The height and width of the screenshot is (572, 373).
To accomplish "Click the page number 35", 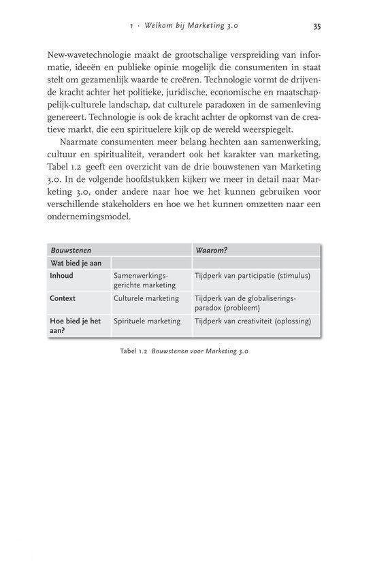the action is click(317, 27).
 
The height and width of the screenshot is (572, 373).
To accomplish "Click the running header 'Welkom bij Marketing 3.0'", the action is click(198, 27).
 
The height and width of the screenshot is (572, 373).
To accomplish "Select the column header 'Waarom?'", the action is click(212, 250).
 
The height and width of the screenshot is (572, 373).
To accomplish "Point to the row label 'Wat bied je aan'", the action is click(76, 263).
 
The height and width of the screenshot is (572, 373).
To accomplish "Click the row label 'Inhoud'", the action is click(62, 276).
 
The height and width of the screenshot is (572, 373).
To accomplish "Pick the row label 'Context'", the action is click(63, 298).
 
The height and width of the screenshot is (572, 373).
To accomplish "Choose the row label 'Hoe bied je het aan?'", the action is click(75, 325).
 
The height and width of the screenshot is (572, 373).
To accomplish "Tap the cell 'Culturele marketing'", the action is click(146, 298).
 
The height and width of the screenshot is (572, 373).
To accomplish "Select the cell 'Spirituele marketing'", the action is click(147, 321).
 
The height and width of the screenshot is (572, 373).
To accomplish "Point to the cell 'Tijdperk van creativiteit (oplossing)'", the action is click(253, 321).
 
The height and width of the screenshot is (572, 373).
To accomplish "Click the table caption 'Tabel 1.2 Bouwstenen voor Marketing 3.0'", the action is click(186, 351).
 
